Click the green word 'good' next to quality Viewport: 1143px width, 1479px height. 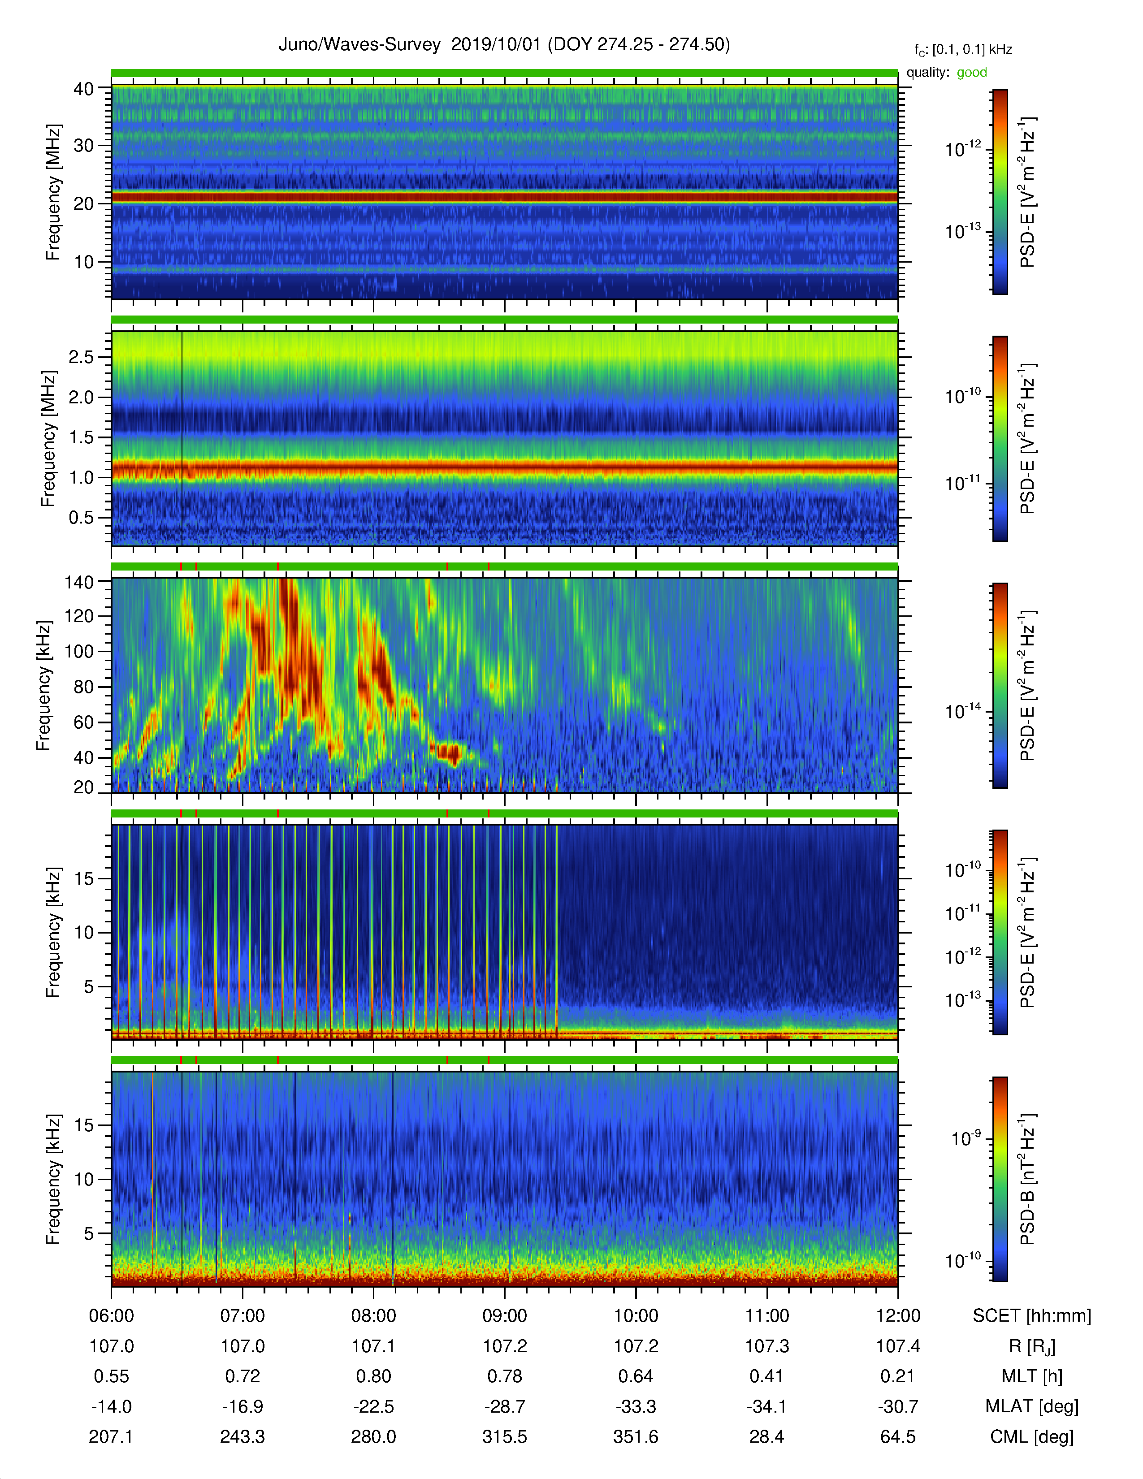pos(972,73)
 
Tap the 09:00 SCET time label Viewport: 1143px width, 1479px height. pos(504,1316)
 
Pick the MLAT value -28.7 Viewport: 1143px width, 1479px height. pos(504,1406)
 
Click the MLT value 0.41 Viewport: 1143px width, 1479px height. pos(766,1376)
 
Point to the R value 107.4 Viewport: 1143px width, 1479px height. pos(898,1345)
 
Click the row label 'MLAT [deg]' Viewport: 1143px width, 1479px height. pos(1032,1406)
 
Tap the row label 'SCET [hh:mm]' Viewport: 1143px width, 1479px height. pos(1032,1316)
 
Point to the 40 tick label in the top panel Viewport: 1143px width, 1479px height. pos(83,89)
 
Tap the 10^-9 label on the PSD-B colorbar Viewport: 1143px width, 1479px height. pos(966,1138)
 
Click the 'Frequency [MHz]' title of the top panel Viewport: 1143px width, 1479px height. pos(53,192)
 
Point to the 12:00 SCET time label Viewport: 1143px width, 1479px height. pos(898,1316)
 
